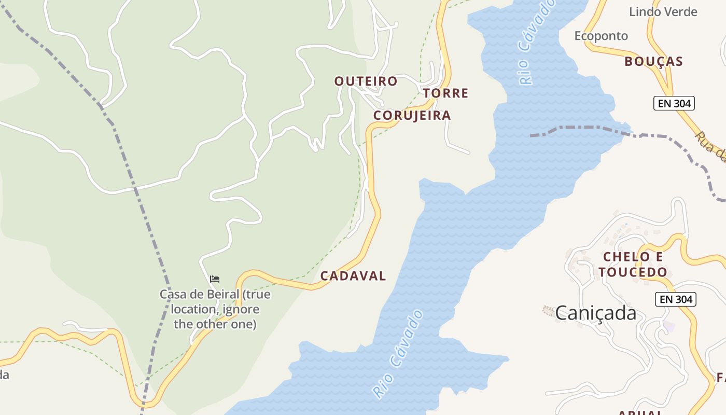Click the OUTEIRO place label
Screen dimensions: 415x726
tap(366, 81)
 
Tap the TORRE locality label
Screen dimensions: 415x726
tap(445, 93)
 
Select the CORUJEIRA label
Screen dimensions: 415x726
tap(412, 115)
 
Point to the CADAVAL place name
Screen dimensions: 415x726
tap(353, 276)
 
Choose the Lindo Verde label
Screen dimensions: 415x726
tap(663, 11)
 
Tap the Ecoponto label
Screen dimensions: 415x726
tap(601, 36)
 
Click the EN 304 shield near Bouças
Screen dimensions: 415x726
tap(674, 103)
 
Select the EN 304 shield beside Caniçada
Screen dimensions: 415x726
tap(675, 299)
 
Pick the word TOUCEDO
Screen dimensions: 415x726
tap(633, 272)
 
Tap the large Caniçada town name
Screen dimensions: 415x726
tap(595, 313)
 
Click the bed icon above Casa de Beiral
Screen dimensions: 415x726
tap(215, 279)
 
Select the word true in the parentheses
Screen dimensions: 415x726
tap(258, 294)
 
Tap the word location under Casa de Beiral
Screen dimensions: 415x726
tap(193, 309)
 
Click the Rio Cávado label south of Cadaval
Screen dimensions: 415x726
tap(398, 354)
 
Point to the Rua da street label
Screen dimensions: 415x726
tap(710, 147)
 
